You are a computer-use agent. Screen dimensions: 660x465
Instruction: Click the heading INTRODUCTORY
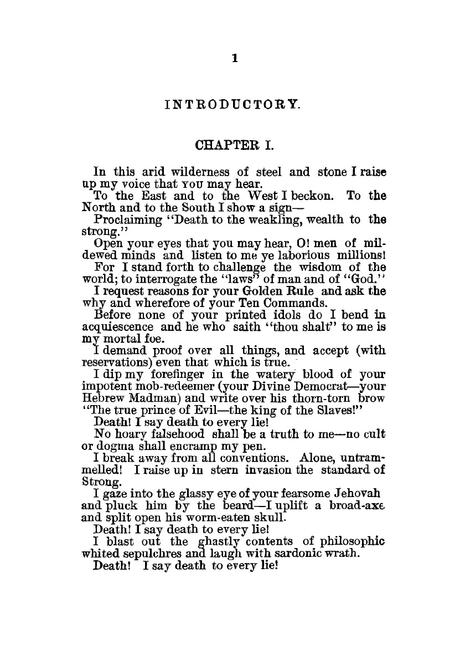point(233,104)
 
